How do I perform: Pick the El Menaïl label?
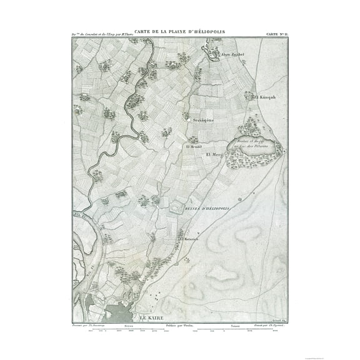(191, 147)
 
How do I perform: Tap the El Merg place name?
(214, 154)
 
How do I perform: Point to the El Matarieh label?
(189, 239)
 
